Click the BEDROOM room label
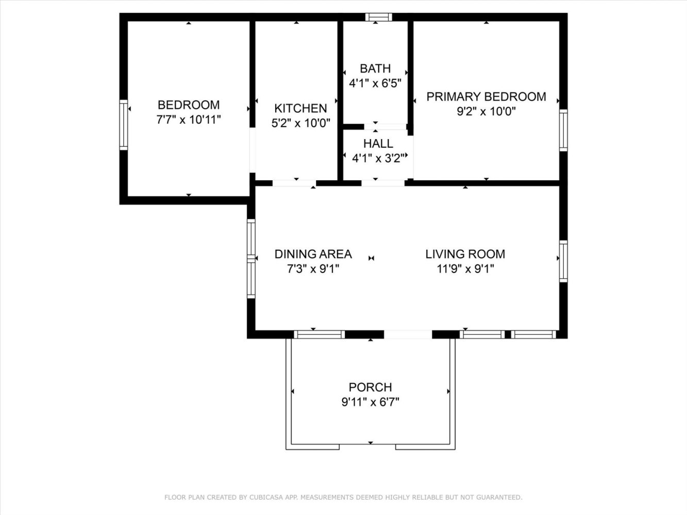tap(189, 105)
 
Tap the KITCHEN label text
tap(300, 108)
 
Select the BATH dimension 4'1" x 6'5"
tap(375, 83)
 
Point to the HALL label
tap(378, 144)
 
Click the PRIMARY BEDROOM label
tap(486, 97)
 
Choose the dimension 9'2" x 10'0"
tap(486, 111)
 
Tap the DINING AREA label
tap(313, 254)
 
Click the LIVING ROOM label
tap(465, 254)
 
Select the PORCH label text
tap(370, 387)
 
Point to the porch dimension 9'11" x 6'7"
tap(370, 402)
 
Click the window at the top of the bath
tap(379, 17)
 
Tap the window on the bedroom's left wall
tap(124, 125)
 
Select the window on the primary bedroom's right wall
tap(563, 130)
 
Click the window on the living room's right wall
tap(563, 261)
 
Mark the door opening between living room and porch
tap(408, 334)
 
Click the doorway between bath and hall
tap(386, 127)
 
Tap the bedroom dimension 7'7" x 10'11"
tap(189, 119)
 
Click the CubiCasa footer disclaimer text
tap(343, 497)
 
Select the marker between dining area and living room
tap(371, 259)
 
